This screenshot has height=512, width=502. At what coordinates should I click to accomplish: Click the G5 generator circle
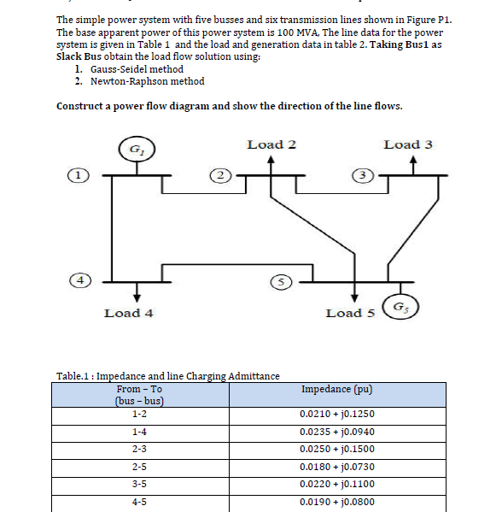point(400,308)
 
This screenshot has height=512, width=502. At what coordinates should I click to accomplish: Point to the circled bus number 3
point(363,174)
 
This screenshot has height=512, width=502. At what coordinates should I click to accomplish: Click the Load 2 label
point(271,144)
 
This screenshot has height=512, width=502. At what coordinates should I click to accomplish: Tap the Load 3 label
point(408,144)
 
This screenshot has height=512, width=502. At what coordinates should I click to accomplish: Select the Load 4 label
point(128,313)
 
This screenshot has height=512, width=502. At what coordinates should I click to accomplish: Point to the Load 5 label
point(350,313)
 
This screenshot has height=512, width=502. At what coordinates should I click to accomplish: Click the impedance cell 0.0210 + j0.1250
point(337,413)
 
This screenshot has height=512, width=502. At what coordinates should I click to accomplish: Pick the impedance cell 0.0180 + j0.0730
point(337,467)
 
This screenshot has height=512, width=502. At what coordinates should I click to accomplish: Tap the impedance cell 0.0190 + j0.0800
point(337,503)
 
